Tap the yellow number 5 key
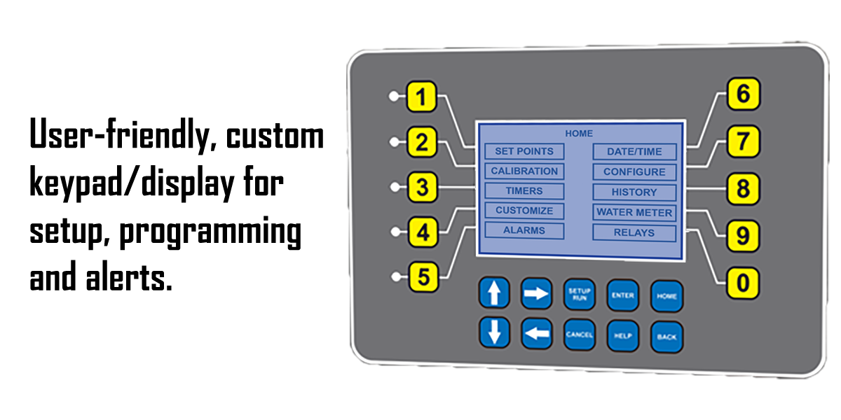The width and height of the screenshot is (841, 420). click(422, 277)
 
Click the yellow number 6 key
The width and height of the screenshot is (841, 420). click(743, 95)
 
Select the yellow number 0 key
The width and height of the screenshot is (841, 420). click(743, 283)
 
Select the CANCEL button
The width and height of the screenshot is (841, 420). click(580, 335)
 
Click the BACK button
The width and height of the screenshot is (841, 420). click(666, 337)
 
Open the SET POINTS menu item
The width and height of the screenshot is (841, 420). click(524, 151)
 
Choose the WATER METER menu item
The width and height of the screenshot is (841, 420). click(634, 213)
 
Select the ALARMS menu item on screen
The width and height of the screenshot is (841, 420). click(524, 230)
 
